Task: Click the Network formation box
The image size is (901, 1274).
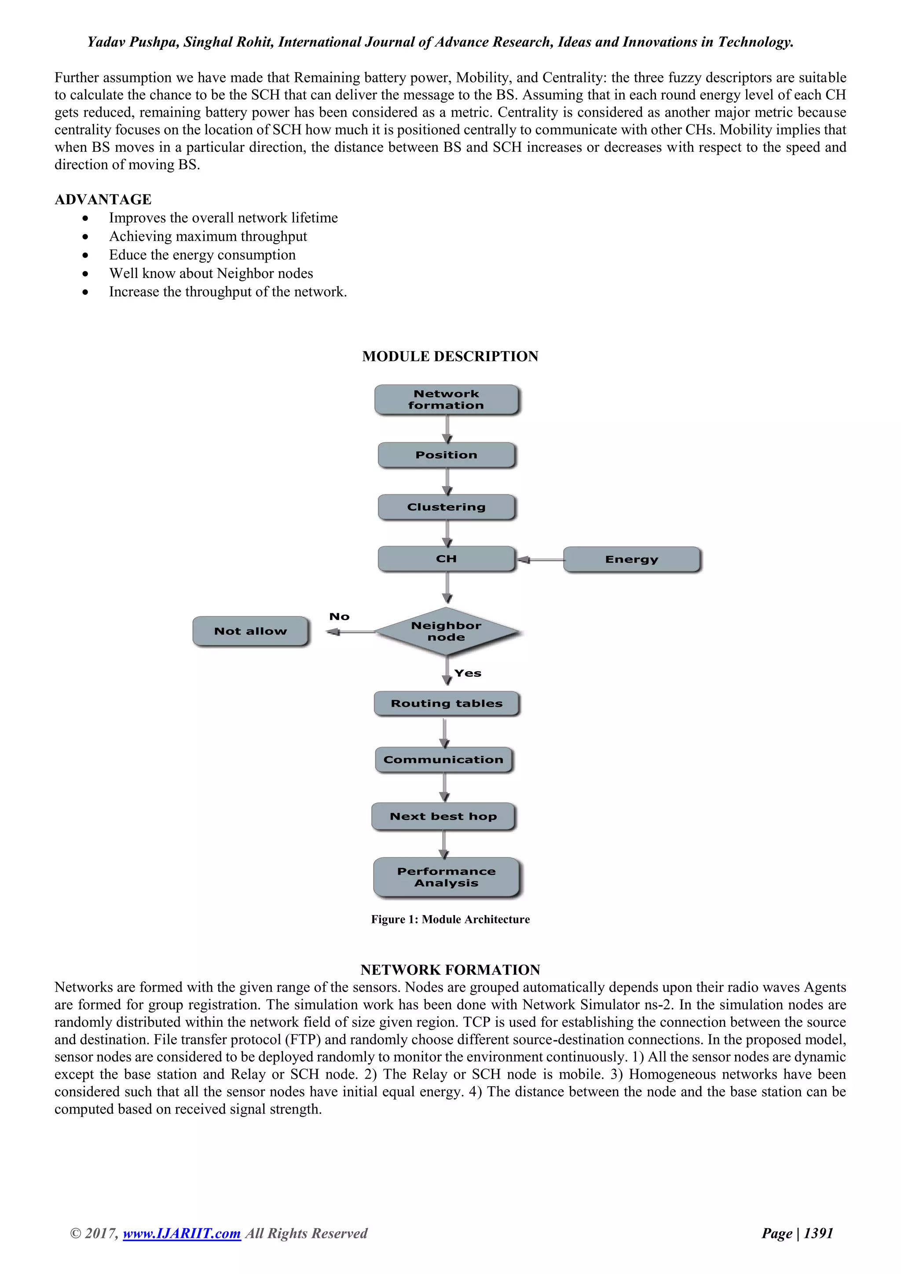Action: pyautogui.click(x=447, y=399)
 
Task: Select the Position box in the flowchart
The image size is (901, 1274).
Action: pyautogui.click(x=447, y=455)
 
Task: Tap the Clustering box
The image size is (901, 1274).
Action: pyautogui.click(x=447, y=507)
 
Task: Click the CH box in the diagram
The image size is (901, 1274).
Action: pyautogui.click(x=447, y=559)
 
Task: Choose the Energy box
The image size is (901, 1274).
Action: pyautogui.click(x=631, y=559)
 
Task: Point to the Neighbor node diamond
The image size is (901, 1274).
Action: pyautogui.click(x=447, y=631)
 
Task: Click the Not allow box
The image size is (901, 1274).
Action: pyautogui.click(x=250, y=631)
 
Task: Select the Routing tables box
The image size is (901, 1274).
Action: pyautogui.click(x=447, y=703)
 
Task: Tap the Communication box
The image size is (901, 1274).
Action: pyautogui.click(x=443, y=760)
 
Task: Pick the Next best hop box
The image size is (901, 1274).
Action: pyautogui.click(x=443, y=816)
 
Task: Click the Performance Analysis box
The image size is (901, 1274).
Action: pyautogui.click(x=447, y=877)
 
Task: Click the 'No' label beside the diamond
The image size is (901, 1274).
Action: pyautogui.click(x=339, y=616)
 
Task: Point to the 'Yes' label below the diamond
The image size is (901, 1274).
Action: pyautogui.click(x=468, y=673)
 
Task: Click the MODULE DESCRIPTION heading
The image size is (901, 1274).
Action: pyautogui.click(x=450, y=356)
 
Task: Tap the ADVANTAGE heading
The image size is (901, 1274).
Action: pyautogui.click(x=103, y=199)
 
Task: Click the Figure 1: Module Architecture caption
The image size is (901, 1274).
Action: pyautogui.click(x=450, y=919)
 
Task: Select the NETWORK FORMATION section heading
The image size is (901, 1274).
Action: pyautogui.click(x=450, y=970)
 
